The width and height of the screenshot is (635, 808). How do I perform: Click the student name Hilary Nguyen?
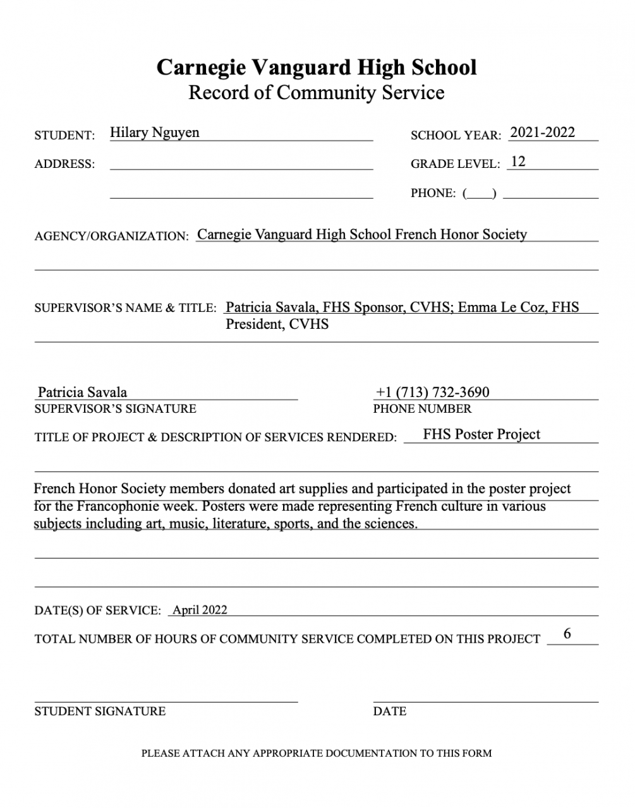tap(154, 133)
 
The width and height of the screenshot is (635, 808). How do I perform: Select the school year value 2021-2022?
tap(542, 133)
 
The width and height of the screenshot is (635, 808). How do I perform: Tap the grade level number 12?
tap(517, 162)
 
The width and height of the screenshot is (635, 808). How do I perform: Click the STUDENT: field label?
tap(64, 136)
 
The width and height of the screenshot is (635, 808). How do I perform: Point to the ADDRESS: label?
tap(64, 164)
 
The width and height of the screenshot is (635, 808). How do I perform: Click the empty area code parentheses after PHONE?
tap(480, 194)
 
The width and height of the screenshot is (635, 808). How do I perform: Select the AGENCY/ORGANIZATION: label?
tap(111, 236)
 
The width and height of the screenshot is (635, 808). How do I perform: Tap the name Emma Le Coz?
tap(502, 307)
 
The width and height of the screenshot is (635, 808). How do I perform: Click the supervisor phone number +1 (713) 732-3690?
tap(432, 392)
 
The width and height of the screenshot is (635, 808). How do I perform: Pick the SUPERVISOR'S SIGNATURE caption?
tap(115, 409)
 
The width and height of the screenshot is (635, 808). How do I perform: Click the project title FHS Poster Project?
tap(481, 434)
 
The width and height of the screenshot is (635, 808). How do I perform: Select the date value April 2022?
tap(200, 610)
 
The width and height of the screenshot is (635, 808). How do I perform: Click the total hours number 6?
tap(567, 634)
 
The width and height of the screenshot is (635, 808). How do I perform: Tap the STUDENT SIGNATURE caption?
tap(100, 711)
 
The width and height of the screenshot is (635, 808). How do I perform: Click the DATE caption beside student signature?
tap(389, 711)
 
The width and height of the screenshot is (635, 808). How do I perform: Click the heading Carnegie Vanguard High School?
tap(317, 67)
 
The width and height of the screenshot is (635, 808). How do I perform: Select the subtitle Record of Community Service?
tap(317, 93)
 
